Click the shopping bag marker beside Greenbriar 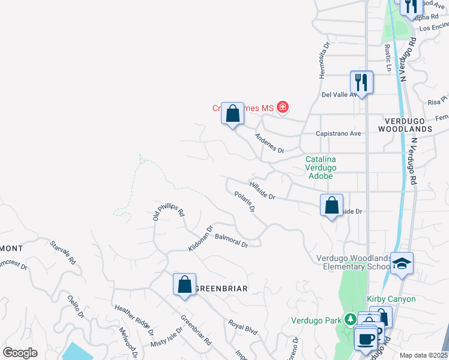point(185,284)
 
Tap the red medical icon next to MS point(282,108)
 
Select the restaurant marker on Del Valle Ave point(362,82)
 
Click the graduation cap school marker point(402,263)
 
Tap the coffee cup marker point(366,339)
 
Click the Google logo point(20,353)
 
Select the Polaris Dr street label point(245,202)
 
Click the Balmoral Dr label point(232,241)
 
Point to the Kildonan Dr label point(201,238)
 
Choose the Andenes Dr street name point(269,143)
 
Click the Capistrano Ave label point(339,133)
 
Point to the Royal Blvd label point(243,326)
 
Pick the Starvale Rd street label point(63,253)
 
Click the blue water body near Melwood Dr point(78,351)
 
